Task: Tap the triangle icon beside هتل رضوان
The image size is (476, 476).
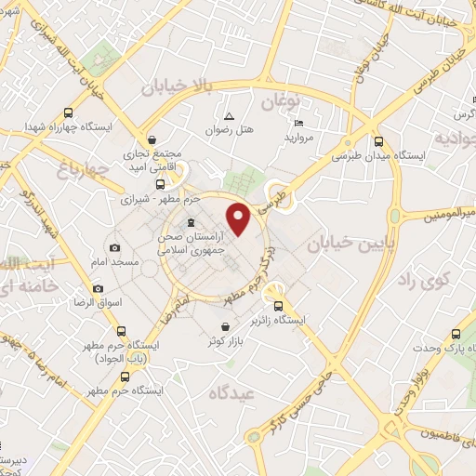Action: (x=229, y=116)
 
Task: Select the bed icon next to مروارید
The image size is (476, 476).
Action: (x=297, y=124)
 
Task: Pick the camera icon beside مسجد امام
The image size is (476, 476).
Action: (x=114, y=247)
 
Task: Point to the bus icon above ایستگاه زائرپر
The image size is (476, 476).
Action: (x=277, y=307)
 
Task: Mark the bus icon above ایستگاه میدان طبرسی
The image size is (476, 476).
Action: (x=377, y=142)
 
